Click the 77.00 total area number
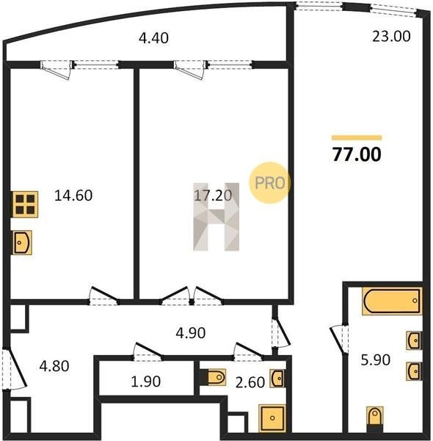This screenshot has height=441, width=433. [357, 154]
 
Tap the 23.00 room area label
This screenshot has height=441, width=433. [391, 36]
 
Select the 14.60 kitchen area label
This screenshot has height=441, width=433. [73, 196]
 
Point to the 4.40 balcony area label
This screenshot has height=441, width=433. [153, 38]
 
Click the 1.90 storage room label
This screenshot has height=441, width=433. [146, 381]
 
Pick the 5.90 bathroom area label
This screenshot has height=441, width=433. [376, 360]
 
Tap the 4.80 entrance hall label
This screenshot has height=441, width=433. [54, 366]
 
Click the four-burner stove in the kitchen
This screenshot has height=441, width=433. [25, 204]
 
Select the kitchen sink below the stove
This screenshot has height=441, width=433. [22, 243]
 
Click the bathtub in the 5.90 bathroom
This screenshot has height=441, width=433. [392, 301]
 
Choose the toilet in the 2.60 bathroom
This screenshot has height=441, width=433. [216, 377]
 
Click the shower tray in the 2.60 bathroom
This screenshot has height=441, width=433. [272, 418]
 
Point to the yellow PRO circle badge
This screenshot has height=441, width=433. [269, 183]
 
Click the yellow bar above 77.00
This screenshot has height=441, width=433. [357, 137]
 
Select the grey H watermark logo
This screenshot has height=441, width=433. [216, 217]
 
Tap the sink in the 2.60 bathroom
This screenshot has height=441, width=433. [277, 379]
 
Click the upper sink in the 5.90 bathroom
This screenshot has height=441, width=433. [414, 340]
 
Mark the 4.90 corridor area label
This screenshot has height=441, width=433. [190, 333]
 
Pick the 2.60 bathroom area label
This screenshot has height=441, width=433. [250, 382]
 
